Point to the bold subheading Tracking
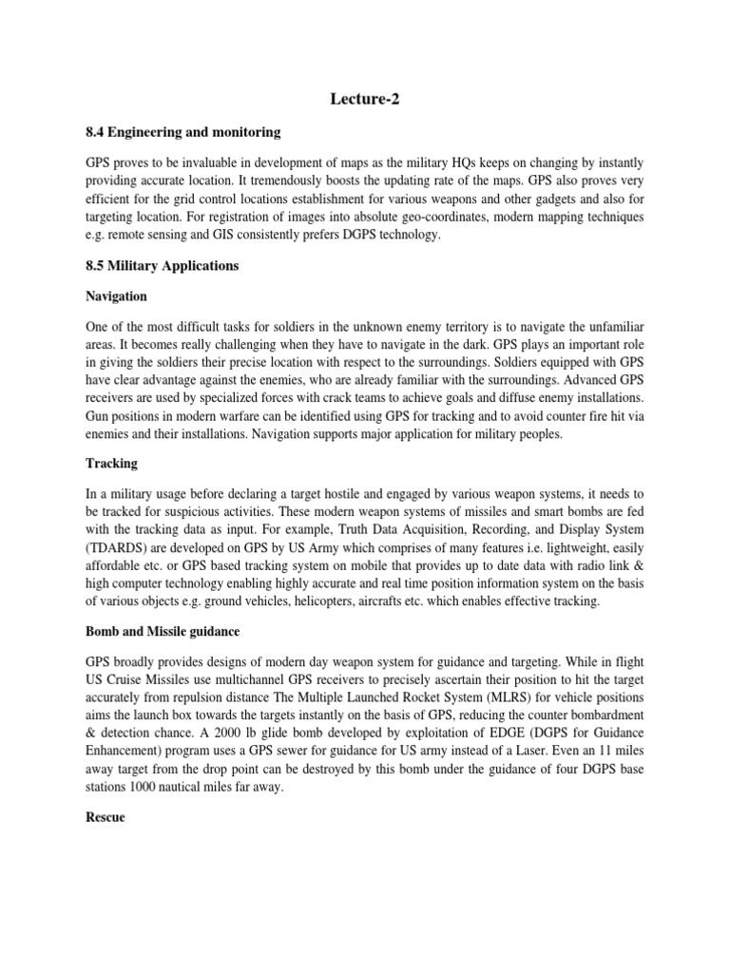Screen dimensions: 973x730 click(x=112, y=463)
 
